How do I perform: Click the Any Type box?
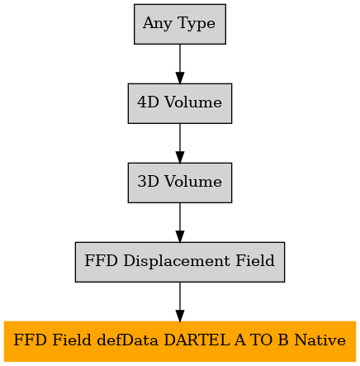(180, 24)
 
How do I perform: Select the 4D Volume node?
(180, 103)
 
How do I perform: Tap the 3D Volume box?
(180, 183)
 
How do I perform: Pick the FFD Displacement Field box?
(180, 262)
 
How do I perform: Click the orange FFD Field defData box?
(180, 341)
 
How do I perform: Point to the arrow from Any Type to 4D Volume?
(180, 64)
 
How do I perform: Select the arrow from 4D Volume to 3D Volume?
(180, 143)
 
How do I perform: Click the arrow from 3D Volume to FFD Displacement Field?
(180, 222)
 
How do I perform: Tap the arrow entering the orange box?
(180, 302)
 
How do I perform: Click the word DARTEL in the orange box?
(197, 340)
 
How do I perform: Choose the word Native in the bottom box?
(320, 340)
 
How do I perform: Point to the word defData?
(128, 340)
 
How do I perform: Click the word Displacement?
(177, 261)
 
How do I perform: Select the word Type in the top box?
(197, 23)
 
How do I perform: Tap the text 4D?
(149, 102)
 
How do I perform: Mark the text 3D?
(149, 182)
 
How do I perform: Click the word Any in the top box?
(157, 23)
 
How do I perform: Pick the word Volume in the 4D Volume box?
(193, 102)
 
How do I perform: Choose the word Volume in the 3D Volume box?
(193, 182)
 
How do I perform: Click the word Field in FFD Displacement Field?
(255, 260)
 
